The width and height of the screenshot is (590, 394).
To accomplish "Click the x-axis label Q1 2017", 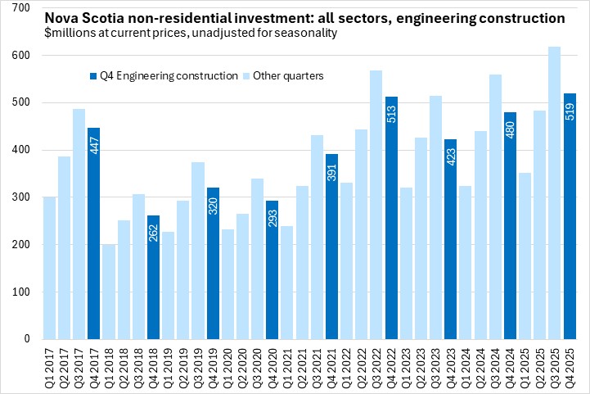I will (x=49, y=365).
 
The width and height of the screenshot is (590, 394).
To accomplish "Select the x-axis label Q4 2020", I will (x=272, y=365).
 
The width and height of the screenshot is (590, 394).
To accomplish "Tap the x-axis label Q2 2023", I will (x=420, y=365).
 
